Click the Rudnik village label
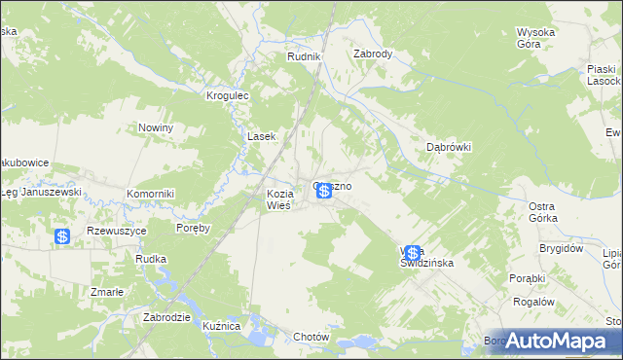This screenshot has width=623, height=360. click(x=304, y=57)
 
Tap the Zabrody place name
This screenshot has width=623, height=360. click(x=373, y=54)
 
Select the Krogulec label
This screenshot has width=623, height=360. click(x=229, y=96)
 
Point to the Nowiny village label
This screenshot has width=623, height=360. click(x=156, y=128)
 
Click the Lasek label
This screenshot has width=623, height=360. click(x=263, y=137)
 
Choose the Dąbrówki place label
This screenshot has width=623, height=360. click(x=449, y=147)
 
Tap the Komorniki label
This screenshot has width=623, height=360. click(x=150, y=194)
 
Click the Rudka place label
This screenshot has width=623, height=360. click(x=152, y=259)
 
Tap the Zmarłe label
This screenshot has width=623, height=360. click(x=106, y=291)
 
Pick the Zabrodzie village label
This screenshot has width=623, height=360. click(x=165, y=317)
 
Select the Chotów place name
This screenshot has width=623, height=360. click(x=312, y=337)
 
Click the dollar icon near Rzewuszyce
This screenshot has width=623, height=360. click(x=62, y=235)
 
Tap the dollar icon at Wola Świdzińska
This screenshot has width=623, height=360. click(x=413, y=253)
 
